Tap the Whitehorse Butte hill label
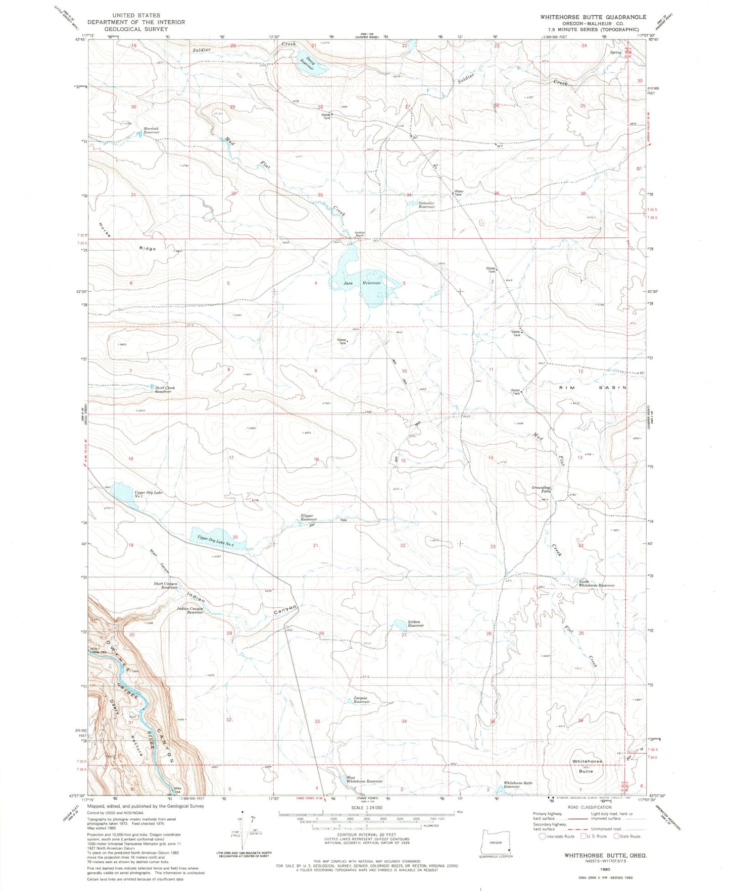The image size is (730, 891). pyautogui.click(x=587, y=766)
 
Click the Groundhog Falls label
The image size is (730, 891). pyautogui.click(x=541, y=489)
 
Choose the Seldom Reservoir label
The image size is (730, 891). pyautogui.click(x=415, y=623)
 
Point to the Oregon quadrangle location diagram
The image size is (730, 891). pyautogui.click(x=496, y=844)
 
